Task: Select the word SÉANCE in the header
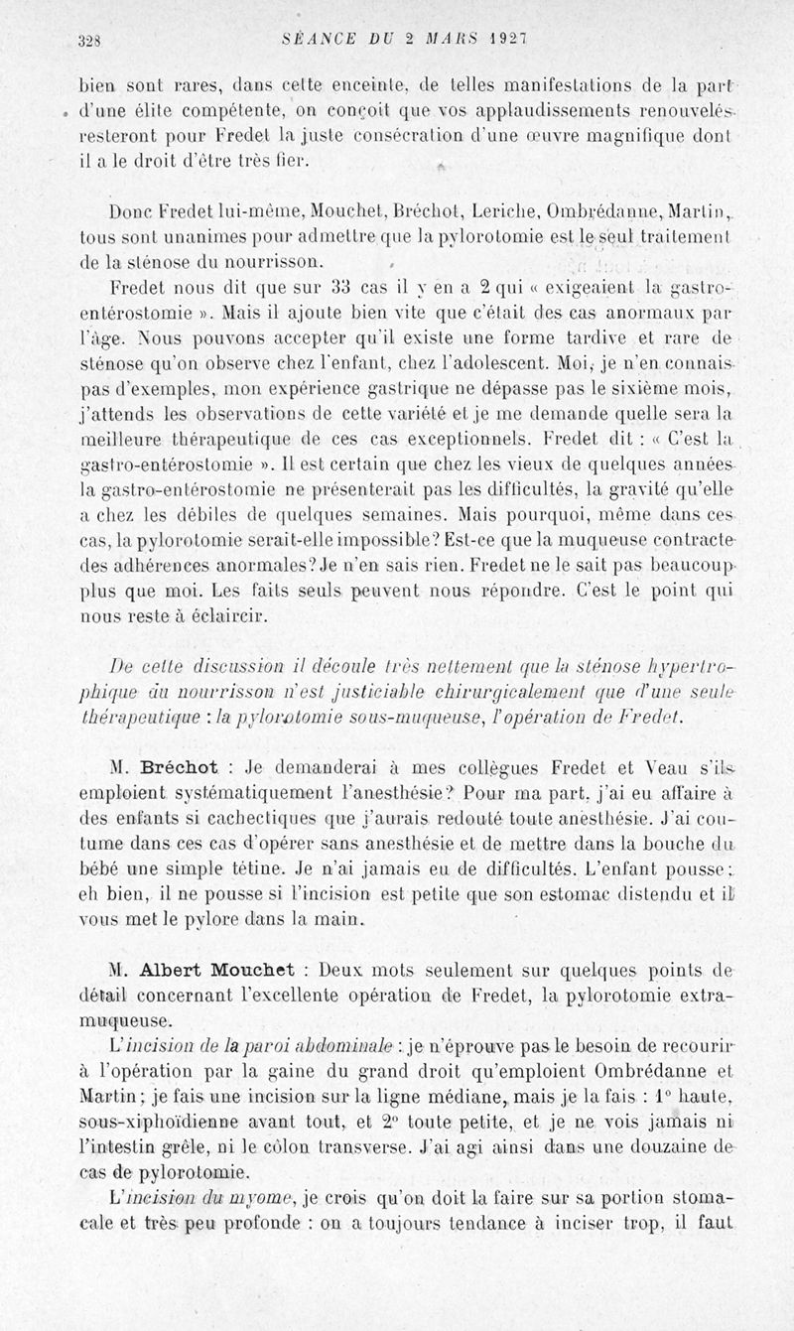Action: [x=312, y=39]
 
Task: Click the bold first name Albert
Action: [x=176, y=966]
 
